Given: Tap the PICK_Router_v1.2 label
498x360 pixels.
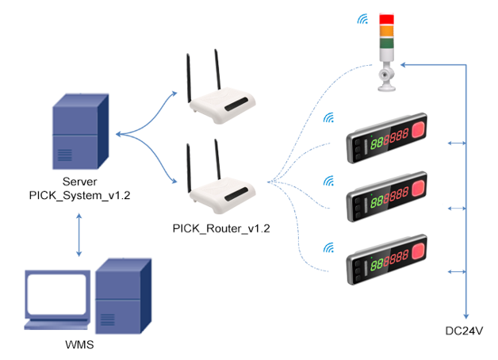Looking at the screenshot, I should click(221, 228).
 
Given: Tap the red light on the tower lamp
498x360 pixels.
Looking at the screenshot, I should click(386, 19).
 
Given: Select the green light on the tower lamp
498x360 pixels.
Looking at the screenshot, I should click(386, 44).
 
